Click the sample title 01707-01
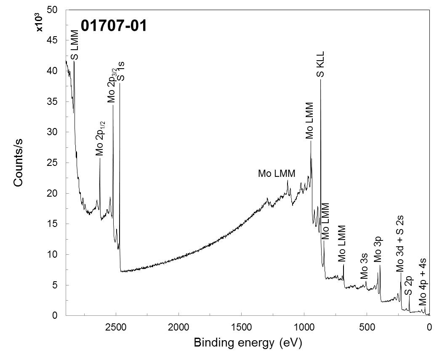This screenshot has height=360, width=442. click(114, 26)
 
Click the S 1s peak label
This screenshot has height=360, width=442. click(121, 72)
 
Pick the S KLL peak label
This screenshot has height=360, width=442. click(321, 64)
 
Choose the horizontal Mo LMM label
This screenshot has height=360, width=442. click(277, 173)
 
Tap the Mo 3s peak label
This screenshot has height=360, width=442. click(365, 268)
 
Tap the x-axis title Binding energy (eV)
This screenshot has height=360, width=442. click(248, 343)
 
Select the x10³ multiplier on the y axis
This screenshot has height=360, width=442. click(40, 24)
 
